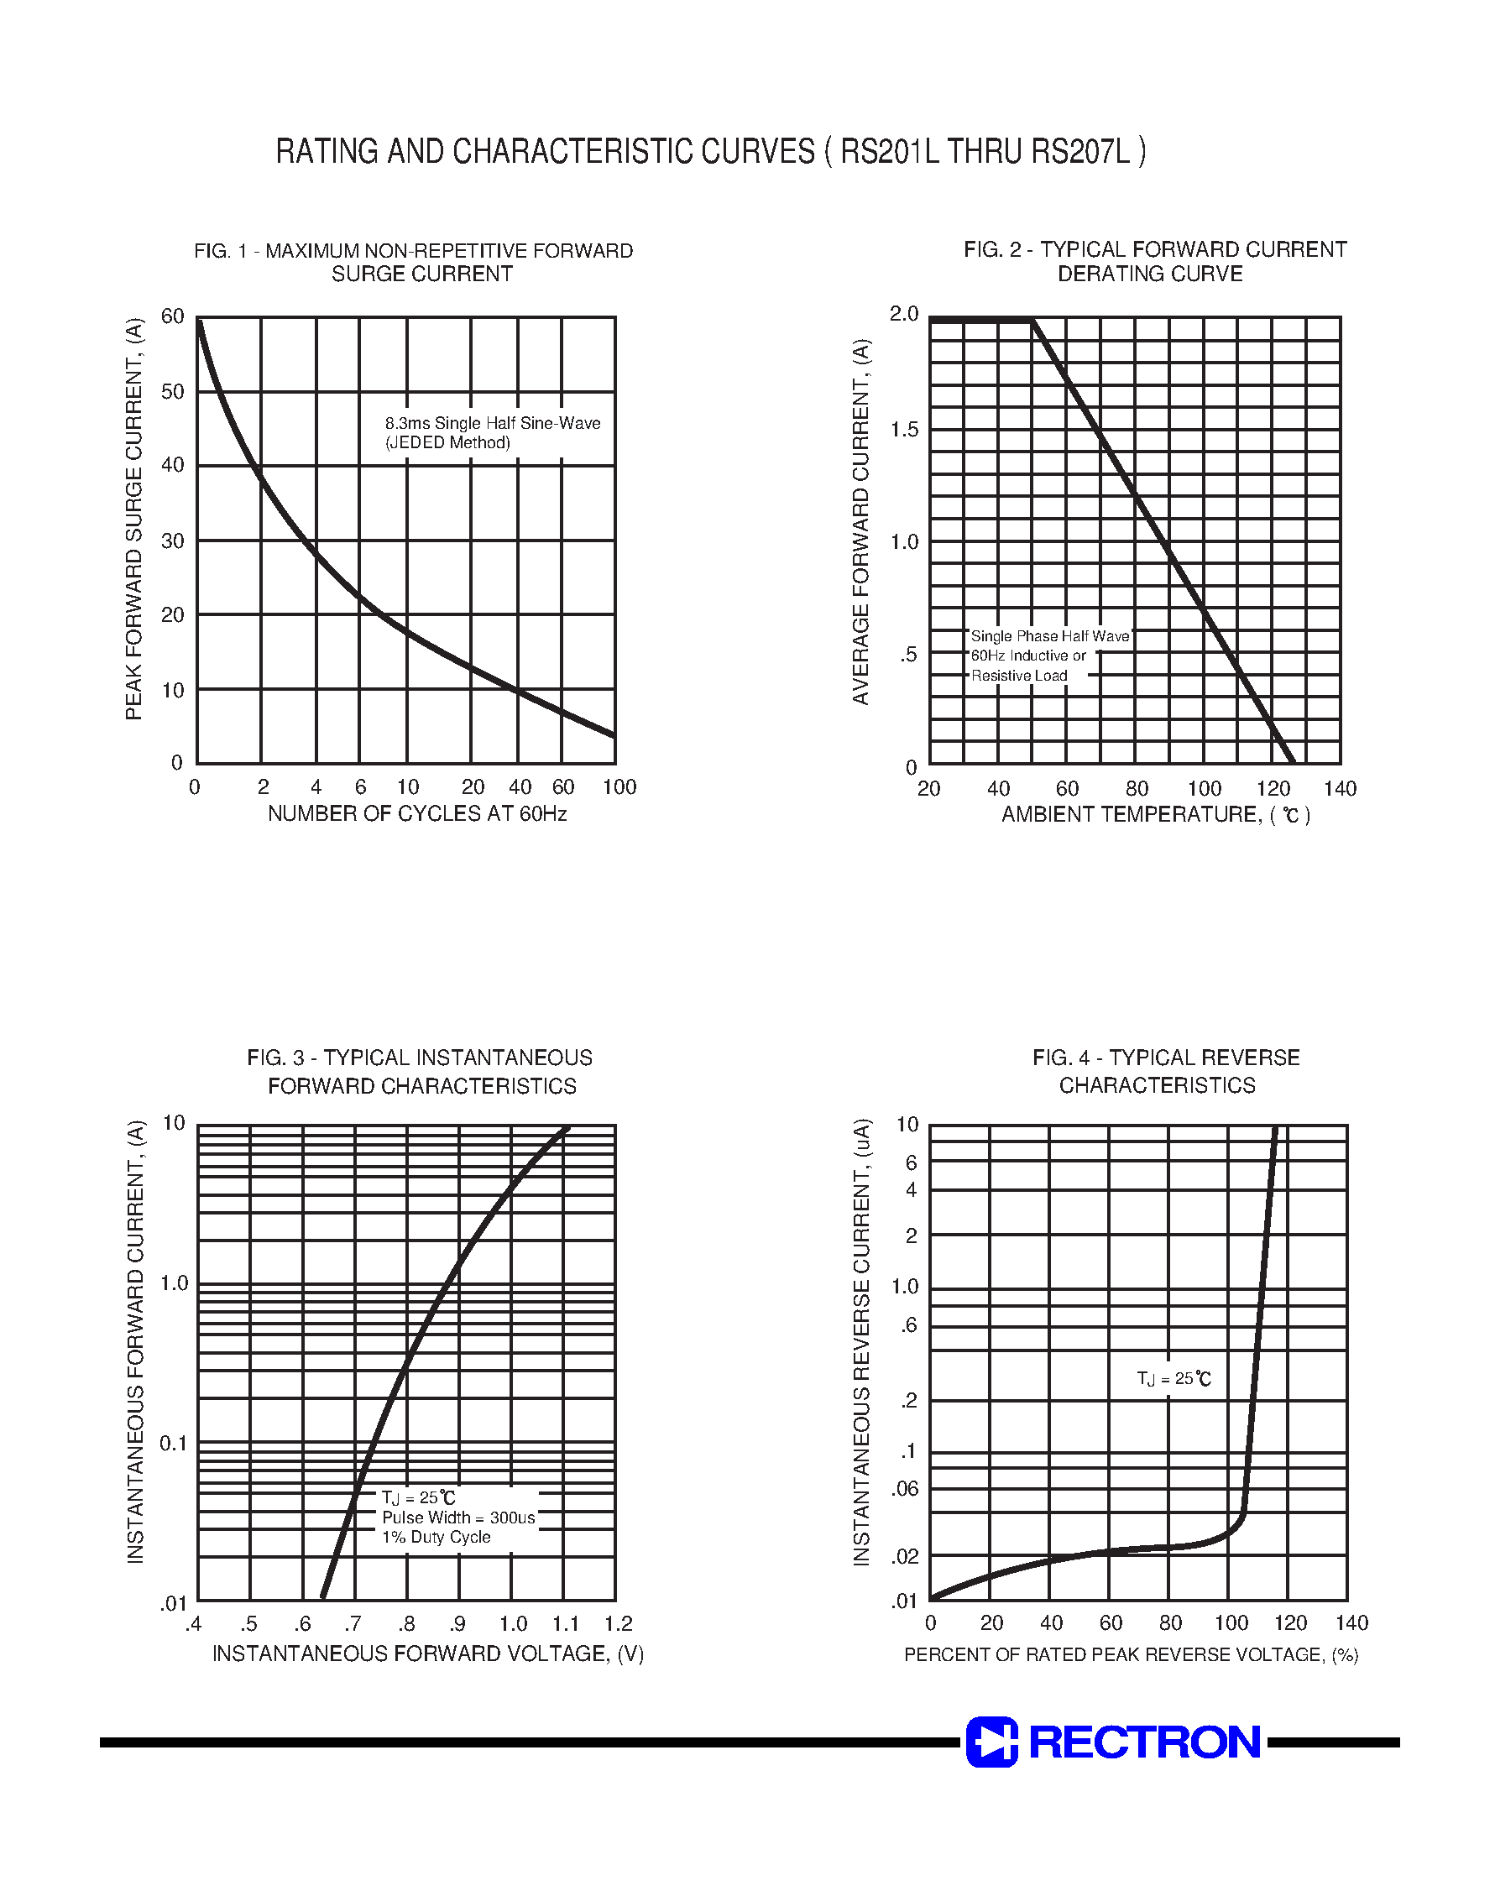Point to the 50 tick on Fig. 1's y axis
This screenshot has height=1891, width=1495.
pyautogui.click(x=173, y=392)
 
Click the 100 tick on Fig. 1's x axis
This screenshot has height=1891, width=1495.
pyautogui.click(x=619, y=787)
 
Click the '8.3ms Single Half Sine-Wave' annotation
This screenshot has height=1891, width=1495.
pyautogui.click(x=493, y=424)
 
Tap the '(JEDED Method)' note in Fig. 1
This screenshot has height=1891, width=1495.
pyautogui.click(x=447, y=443)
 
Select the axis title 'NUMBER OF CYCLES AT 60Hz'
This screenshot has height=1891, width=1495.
pyautogui.click(x=416, y=814)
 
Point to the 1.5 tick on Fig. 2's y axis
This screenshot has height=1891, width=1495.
pyautogui.click(x=904, y=430)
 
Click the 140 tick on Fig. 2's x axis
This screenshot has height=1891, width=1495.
pyautogui.click(x=1339, y=789)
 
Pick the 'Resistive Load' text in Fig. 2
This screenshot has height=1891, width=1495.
pyautogui.click(x=1019, y=676)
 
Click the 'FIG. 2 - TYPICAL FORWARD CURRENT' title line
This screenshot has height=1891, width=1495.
pyautogui.click(x=1154, y=250)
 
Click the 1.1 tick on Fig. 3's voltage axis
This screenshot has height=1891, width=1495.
pyautogui.click(x=566, y=1625)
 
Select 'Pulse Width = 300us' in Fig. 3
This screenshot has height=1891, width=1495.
pyautogui.click(x=457, y=1518)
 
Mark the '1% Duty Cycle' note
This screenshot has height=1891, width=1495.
pyautogui.click(x=436, y=1538)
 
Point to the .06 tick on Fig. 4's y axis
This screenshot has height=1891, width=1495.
pyautogui.click(x=904, y=1489)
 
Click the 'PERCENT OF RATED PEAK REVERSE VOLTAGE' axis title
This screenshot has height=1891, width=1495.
pyautogui.click(x=1114, y=1655)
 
